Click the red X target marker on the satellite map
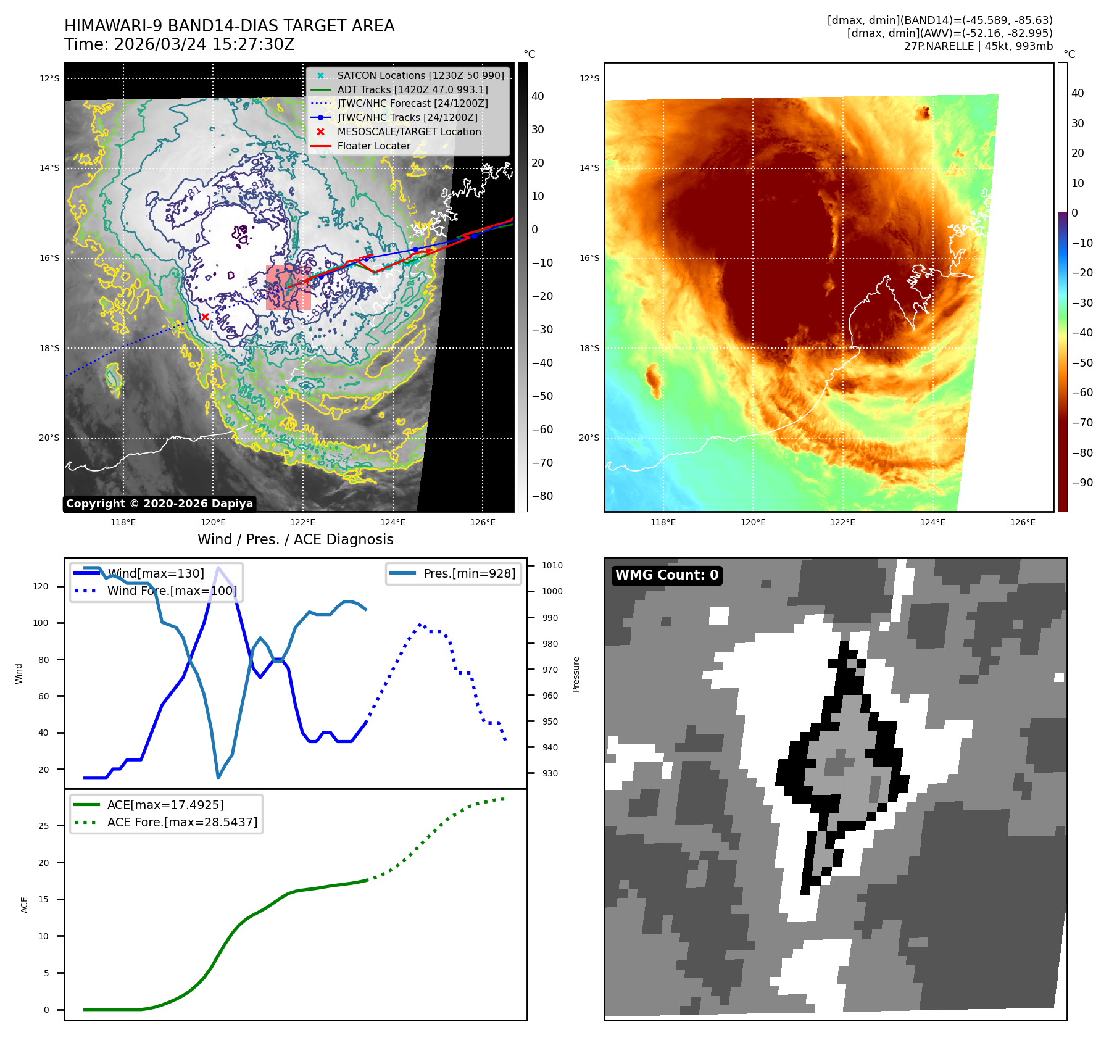tap(205, 317)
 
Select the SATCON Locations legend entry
tap(420, 75)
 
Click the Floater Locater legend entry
tap(373, 146)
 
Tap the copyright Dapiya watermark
tap(159, 504)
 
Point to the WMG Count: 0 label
tap(667, 575)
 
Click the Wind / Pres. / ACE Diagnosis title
tap(295, 539)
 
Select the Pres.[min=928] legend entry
tap(469, 573)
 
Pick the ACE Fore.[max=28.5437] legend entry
tap(182, 822)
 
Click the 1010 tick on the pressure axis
tap(552, 565)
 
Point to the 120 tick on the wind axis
tap(41, 586)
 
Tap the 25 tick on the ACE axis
tap(43, 826)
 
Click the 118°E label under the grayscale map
tap(123, 522)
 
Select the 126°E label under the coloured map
tap(1023, 522)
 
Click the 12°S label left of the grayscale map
tap(49, 78)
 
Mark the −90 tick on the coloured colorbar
tap(1082, 483)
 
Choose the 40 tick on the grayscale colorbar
tap(538, 96)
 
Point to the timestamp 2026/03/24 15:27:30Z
tap(204, 44)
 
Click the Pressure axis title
tap(576, 674)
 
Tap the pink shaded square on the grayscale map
tap(288, 287)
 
